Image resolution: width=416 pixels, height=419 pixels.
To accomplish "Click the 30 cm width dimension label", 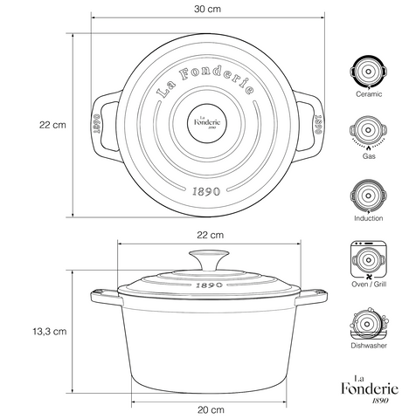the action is point(207,9).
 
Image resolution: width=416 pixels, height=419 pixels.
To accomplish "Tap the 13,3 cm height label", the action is point(50,331).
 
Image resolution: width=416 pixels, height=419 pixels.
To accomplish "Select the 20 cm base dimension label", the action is point(211,410).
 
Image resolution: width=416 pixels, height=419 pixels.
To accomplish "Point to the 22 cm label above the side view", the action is point(211,235).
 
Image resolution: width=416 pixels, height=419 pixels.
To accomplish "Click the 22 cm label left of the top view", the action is point(52,125).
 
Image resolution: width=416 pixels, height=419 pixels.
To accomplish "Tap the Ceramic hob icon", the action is point(369,72).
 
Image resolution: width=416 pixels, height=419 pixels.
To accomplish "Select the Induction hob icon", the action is point(369,196).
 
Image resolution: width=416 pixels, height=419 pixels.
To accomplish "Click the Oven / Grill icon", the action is point(369,259).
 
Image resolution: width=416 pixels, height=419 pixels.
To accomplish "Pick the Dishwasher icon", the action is point(369,324).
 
